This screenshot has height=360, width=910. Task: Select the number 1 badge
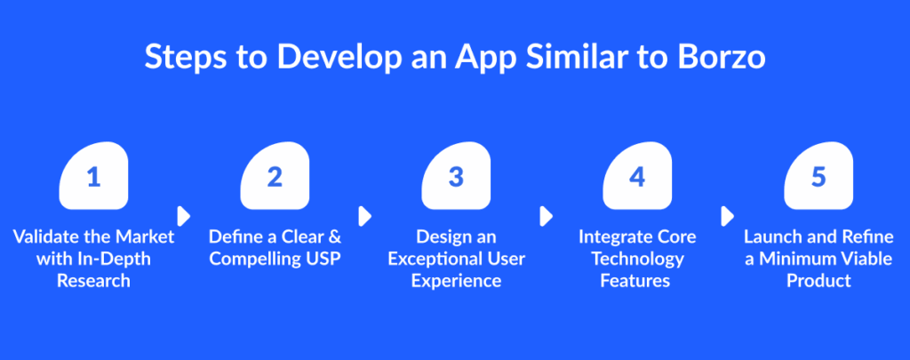(x=93, y=176)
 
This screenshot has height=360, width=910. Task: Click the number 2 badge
(x=275, y=176)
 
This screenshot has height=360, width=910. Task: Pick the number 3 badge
(x=456, y=176)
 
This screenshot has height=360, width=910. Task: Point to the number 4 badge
(x=637, y=176)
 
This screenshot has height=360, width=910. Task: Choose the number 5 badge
(x=818, y=176)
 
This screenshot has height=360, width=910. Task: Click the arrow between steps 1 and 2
(x=184, y=217)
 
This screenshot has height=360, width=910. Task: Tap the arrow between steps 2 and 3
(x=365, y=217)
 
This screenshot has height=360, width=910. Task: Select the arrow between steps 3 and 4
(x=547, y=217)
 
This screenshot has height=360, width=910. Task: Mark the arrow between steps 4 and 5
(x=727, y=217)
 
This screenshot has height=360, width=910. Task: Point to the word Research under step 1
(x=93, y=281)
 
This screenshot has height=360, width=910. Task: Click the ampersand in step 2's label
(x=335, y=237)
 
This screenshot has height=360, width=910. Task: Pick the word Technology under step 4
(x=637, y=259)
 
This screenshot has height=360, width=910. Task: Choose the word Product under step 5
(x=818, y=281)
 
